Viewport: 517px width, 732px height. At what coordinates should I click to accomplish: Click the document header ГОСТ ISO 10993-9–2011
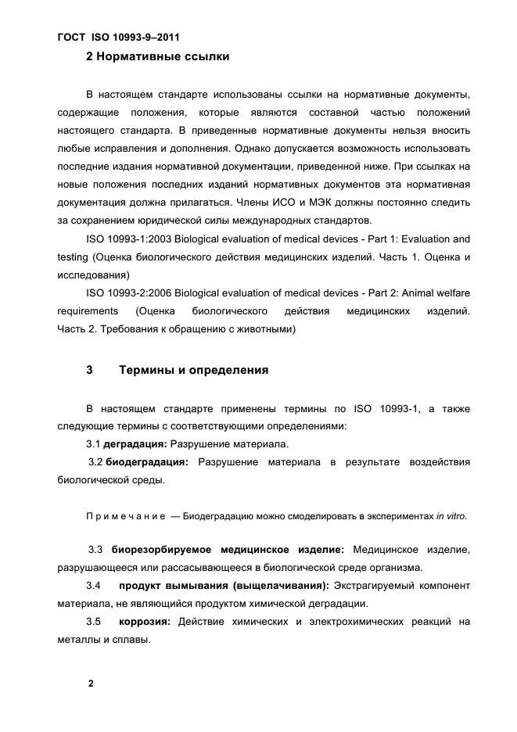(x=124, y=37)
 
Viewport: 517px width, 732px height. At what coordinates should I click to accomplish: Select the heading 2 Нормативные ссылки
(x=157, y=57)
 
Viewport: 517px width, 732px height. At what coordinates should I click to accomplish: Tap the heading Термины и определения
(x=193, y=370)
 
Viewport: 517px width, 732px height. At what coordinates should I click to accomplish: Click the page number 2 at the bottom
(x=91, y=683)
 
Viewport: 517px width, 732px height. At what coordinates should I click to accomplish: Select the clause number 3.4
(x=93, y=586)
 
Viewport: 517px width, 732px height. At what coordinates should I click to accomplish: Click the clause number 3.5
(x=93, y=623)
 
